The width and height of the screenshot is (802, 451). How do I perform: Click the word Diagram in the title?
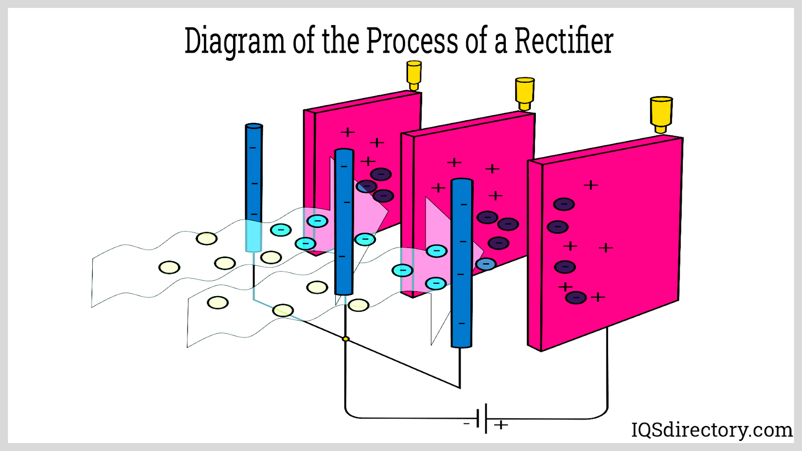coord(235,41)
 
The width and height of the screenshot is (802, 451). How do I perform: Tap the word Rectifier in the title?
coord(564,41)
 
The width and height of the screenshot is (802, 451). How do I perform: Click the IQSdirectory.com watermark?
coord(711,430)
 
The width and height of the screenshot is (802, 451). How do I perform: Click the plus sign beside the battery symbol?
coord(501,425)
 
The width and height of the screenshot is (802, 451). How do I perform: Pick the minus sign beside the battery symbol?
coord(466,424)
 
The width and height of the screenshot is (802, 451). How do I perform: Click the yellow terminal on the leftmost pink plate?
coord(414,75)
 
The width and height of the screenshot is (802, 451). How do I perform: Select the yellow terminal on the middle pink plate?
coord(525,93)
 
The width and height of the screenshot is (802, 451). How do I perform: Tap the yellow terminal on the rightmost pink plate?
coord(661,114)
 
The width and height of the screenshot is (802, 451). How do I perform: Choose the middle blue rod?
coord(344,220)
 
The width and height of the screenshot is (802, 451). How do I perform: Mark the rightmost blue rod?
coord(462,263)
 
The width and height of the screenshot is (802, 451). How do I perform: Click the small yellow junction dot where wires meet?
coord(345,339)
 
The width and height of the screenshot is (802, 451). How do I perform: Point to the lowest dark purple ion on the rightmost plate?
coord(576,298)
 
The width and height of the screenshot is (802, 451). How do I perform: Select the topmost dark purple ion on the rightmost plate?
coord(564,204)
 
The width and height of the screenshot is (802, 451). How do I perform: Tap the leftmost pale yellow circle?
coord(169,267)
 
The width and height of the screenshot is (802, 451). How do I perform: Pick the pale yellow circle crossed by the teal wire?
coord(283,310)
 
